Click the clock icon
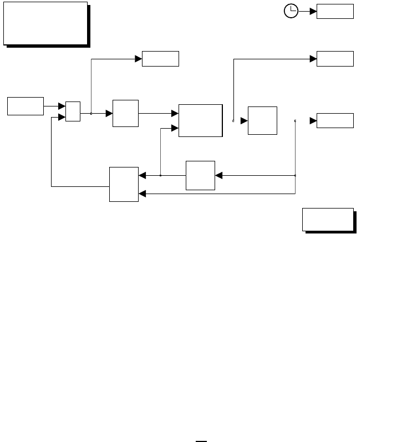[291, 11]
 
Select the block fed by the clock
[335, 11]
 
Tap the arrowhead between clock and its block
[313, 11]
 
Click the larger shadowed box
[45, 23]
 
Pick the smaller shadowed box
[328, 219]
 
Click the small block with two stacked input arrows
[73, 111]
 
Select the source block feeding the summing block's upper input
[26, 106]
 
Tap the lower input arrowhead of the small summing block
[62, 116]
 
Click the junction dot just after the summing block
[91, 114]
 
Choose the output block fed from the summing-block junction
[160, 58]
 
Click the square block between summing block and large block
[125, 114]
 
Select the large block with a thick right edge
[200, 120]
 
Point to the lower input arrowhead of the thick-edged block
[175, 128]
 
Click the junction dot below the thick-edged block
[160, 175]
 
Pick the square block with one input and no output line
[262, 120]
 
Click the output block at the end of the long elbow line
[335, 58]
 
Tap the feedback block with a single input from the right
[200, 175]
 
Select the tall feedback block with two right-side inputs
[124, 184]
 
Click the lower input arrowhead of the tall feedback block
[142, 194]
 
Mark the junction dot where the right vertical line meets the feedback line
[295, 175]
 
